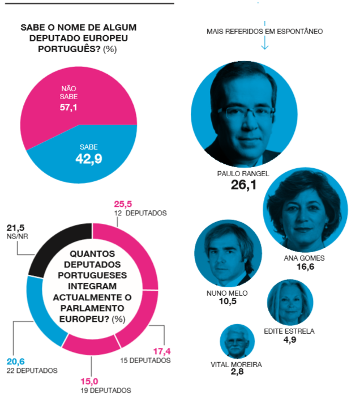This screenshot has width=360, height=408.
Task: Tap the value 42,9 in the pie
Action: (x=88, y=159)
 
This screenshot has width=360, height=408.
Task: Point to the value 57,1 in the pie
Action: (x=68, y=107)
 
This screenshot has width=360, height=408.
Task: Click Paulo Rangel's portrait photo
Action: (x=245, y=113)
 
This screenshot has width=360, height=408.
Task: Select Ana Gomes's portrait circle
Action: (x=305, y=210)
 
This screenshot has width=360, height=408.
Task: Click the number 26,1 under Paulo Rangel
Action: (x=243, y=185)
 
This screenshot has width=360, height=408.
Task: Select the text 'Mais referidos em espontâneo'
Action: (x=264, y=31)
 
